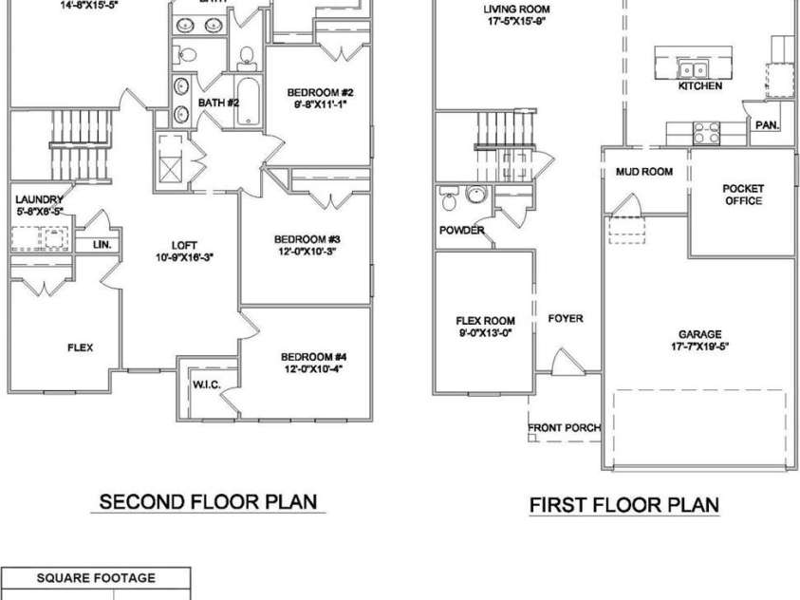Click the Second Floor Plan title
tap(208, 501)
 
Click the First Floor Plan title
tap(623, 504)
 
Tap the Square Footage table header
tap(96, 577)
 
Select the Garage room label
tap(699, 334)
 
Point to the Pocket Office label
tap(743, 195)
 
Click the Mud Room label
tap(643, 172)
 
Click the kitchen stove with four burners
tap(706, 131)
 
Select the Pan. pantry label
tap(766, 124)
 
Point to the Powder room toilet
tap(449, 200)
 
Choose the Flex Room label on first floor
tap(485, 320)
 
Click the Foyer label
tap(566, 319)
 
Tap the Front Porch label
tap(565, 427)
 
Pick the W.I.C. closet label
tap(207, 384)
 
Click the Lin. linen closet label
tap(102, 245)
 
